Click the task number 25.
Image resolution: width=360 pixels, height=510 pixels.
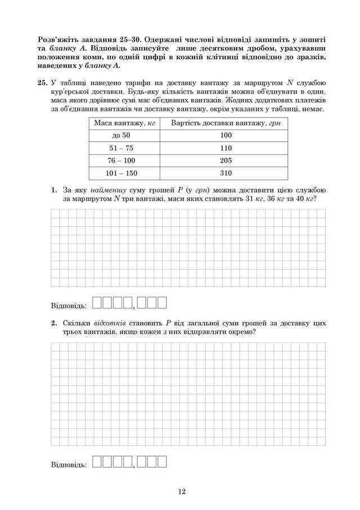41,83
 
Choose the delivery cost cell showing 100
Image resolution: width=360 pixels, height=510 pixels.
226,135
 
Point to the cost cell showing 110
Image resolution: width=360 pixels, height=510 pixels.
226,148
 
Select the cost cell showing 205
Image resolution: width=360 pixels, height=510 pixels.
226,160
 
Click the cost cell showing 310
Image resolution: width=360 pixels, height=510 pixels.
226,173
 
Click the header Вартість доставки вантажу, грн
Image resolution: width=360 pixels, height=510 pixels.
226,123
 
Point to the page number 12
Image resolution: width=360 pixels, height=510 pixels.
181,491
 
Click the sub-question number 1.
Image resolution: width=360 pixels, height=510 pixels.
54,190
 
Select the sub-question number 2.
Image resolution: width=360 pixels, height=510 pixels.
54,324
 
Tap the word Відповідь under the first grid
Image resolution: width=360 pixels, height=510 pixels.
68,306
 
